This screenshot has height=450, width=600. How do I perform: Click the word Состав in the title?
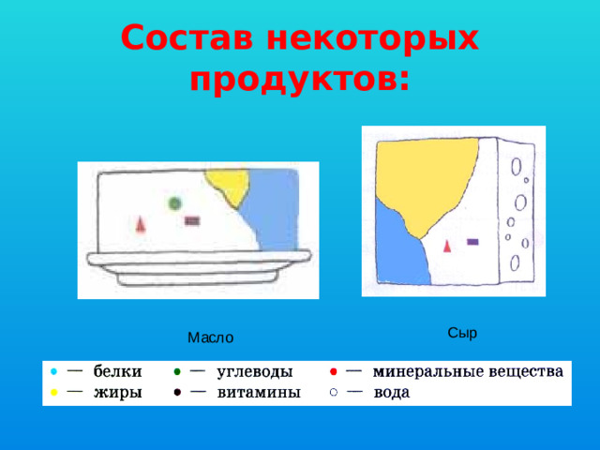pyautogui.click(x=187, y=37)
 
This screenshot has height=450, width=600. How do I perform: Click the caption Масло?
pyautogui.click(x=210, y=337)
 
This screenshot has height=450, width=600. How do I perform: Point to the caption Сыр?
pyautogui.click(x=462, y=332)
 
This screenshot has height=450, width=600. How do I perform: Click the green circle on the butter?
pyautogui.click(x=174, y=202)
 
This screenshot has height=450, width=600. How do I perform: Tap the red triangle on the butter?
pyautogui.click(x=141, y=223)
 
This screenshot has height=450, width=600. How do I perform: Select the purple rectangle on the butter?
pyautogui.click(x=191, y=221)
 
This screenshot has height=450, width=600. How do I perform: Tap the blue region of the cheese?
pyautogui.click(x=398, y=248)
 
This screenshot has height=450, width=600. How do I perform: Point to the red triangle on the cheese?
pyautogui.click(x=447, y=246)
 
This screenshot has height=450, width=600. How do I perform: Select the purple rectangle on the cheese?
pyautogui.click(x=472, y=241)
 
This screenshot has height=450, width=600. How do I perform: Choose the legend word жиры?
pyautogui.click(x=117, y=393)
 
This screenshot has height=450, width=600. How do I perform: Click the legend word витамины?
pyautogui.click(x=259, y=393)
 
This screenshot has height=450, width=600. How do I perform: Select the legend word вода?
pyautogui.click(x=392, y=393)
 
